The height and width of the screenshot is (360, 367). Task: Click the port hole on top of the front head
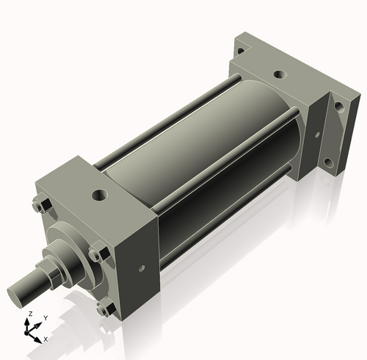coord(100,195)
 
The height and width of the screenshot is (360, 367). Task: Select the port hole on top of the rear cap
coord(279,75)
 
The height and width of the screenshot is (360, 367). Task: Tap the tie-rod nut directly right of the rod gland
coord(96,255)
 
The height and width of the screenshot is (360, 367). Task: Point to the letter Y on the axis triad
coord(45,318)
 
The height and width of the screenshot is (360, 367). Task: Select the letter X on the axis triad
coord(46,339)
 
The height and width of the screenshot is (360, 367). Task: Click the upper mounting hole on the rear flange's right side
coord(338,106)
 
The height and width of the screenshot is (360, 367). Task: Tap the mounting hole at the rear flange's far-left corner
coord(239,51)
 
